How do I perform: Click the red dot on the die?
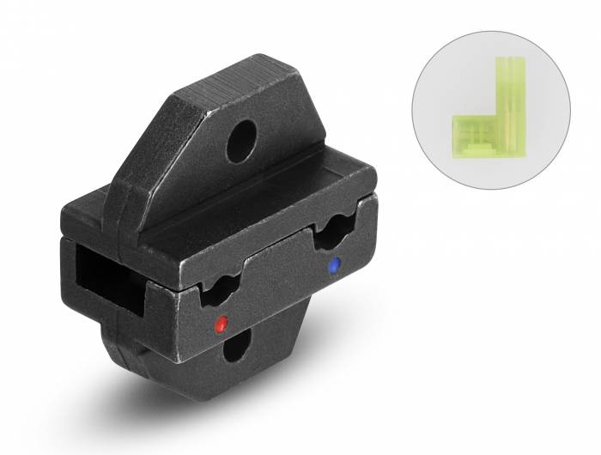221,324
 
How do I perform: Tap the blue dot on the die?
334,265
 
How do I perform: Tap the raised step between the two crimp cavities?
275,275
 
